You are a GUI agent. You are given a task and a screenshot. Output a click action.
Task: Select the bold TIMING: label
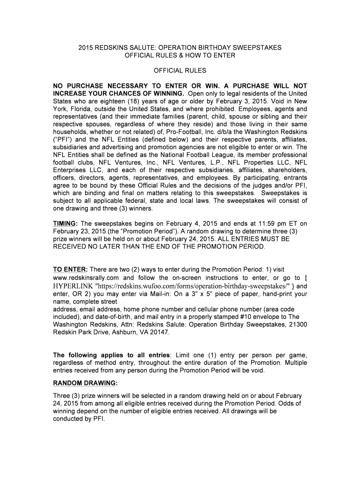[x=65, y=224]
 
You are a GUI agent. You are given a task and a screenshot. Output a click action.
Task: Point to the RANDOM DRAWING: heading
[x=85, y=383]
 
